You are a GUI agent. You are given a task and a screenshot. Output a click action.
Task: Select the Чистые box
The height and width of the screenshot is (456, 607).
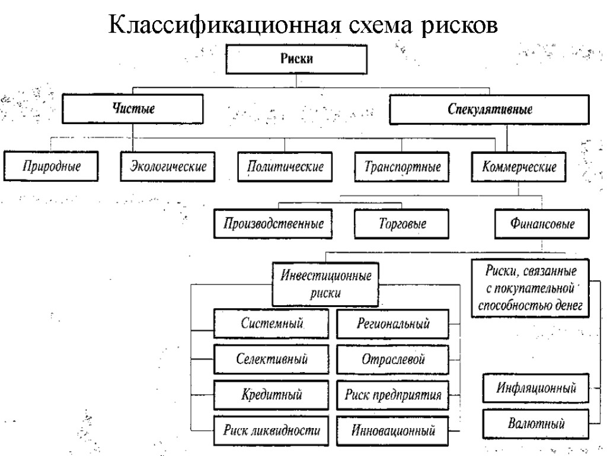[x=133, y=109]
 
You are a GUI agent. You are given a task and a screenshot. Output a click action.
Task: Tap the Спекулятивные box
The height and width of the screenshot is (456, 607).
[x=489, y=109]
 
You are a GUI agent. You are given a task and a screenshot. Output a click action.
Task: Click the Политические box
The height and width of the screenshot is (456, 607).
[x=285, y=165]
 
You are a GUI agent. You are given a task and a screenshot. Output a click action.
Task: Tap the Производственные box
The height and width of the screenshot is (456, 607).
[x=273, y=224]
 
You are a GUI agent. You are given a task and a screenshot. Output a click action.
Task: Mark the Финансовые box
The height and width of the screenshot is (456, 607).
[x=542, y=224]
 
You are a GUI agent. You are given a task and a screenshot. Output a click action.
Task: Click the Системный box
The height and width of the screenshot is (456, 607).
[x=271, y=324]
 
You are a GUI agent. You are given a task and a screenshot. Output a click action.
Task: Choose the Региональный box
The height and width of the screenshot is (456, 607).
[x=393, y=324]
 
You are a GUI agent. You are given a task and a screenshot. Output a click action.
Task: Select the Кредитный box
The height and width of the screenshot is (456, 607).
[x=271, y=394]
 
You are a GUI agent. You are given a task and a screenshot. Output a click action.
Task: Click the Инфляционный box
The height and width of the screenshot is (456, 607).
[x=536, y=389]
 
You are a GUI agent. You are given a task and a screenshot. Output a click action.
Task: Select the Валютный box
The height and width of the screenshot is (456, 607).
[x=536, y=423]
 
